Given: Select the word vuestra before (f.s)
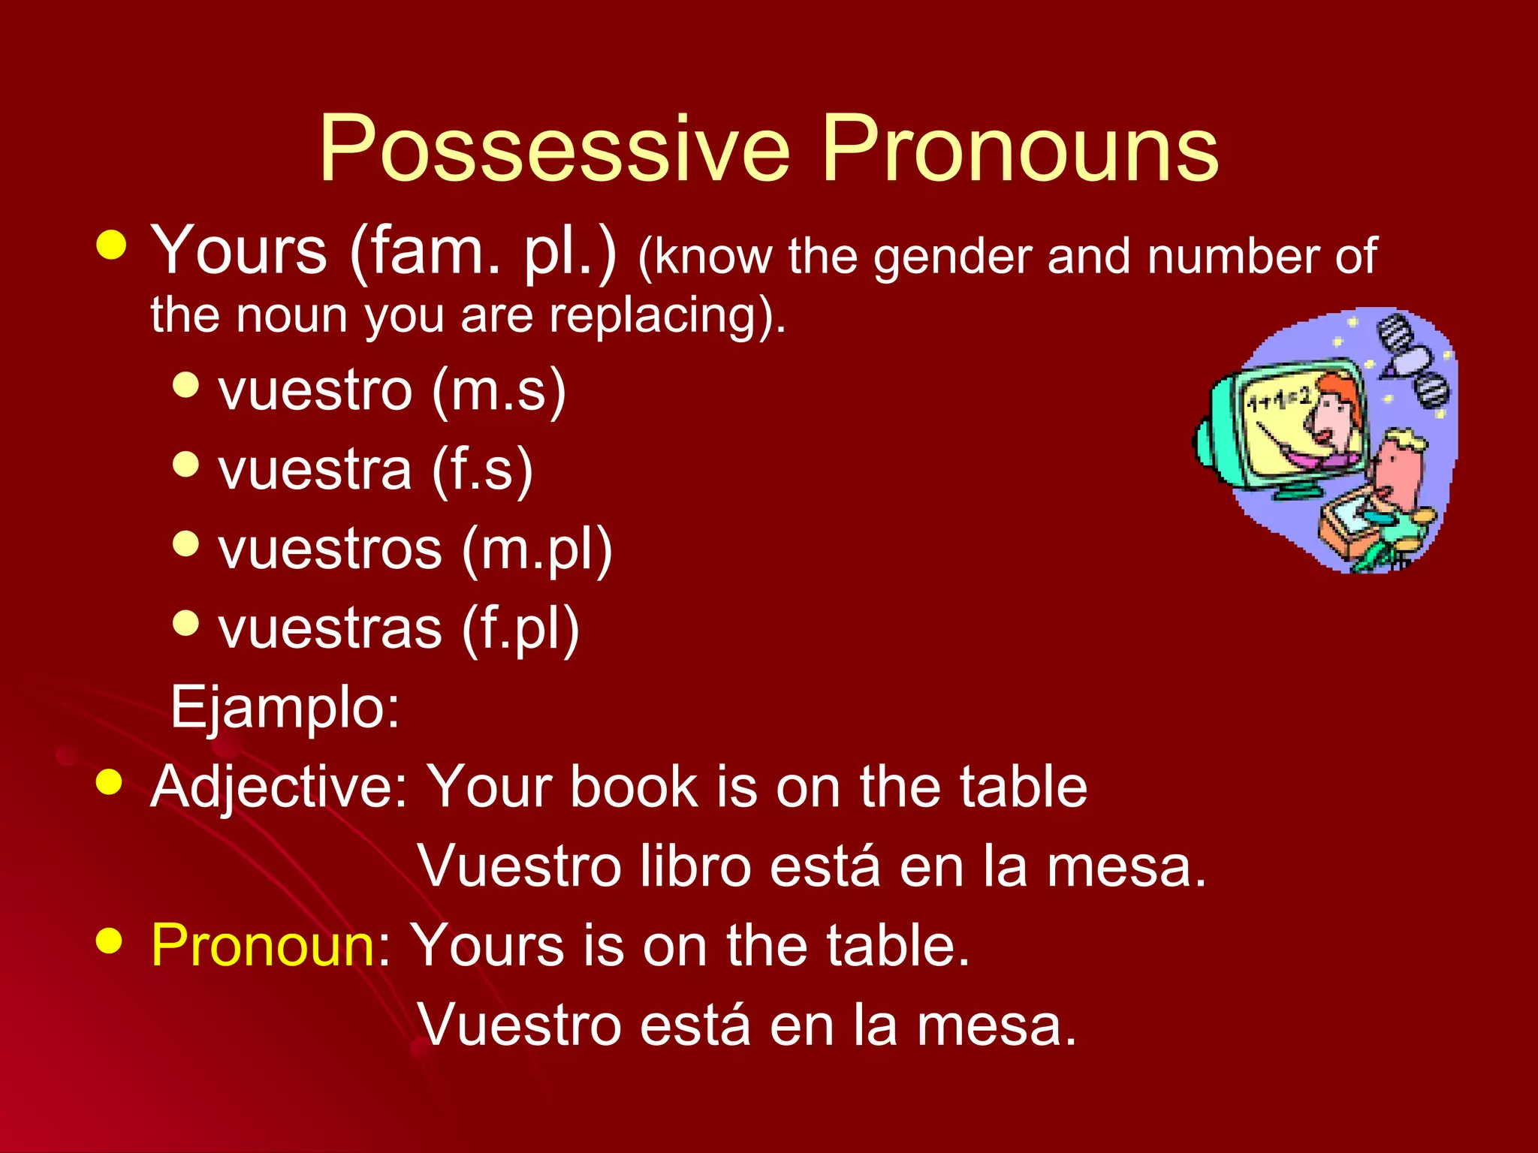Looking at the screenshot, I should pyautogui.click(x=315, y=470).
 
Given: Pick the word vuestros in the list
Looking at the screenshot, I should pyautogui.click(x=330, y=549).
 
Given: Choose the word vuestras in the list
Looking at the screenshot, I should pyautogui.click(x=330, y=629).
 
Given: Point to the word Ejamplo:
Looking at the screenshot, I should pyautogui.click(x=285, y=707).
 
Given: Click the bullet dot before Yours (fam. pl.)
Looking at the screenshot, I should pyautogui.click(x=112, y=245).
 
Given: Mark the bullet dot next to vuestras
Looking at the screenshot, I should pyautogui.click(x=185, y=622).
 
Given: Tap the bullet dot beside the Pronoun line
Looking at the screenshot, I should pyautogui.click(x=110, y=940).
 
